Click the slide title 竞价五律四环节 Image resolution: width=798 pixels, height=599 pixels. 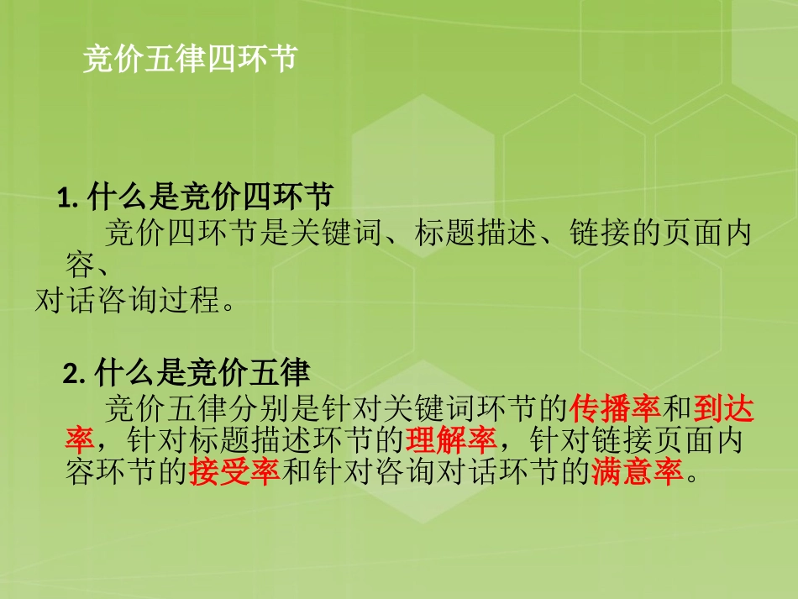click(190, 60)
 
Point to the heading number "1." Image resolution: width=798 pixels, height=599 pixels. click(67, 199)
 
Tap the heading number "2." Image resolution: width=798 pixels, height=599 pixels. click(76, 373)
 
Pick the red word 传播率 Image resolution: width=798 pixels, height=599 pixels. click(616, 410)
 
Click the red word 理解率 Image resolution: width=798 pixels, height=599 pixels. click(452, 440)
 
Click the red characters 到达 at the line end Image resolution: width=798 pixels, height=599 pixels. click(724, 410)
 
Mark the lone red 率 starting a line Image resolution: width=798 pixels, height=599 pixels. click(79, 440)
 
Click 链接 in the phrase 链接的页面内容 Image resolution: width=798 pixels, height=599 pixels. click(594, 233)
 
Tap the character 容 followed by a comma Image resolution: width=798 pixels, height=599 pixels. click(78, 265)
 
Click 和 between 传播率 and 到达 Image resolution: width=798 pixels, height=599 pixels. click(677, 410)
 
